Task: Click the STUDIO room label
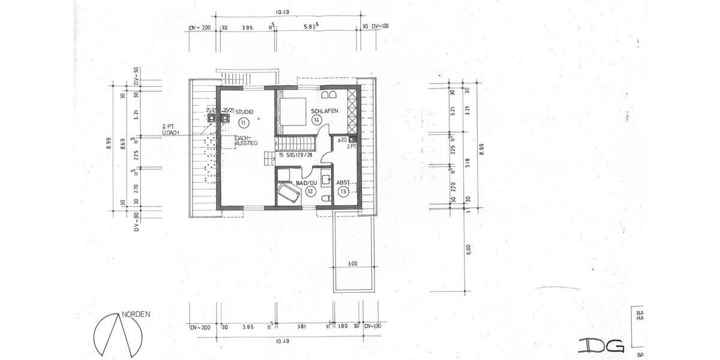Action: tap(244, 112)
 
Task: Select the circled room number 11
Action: tap(242, 122)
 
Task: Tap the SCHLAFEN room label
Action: tap(325, 111)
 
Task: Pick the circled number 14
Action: tap(316, 120)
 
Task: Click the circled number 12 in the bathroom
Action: tap(310, 191)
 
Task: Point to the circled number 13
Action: tap(343, 191)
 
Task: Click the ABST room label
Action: tap(343, 182)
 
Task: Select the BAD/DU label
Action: tap(306, 182)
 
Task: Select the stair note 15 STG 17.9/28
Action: tap(296, 155)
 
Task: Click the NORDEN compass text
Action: tap(136, 314)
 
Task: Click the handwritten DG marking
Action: tap(601, 346)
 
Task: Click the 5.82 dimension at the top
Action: tap(311, 28)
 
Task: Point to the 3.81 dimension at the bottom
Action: tap(302, 327)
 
